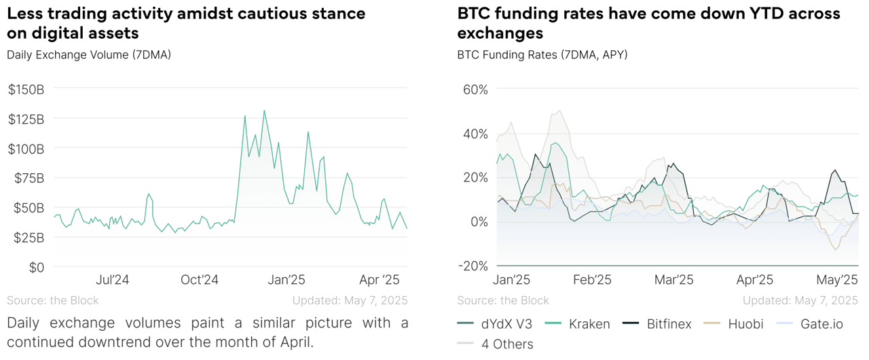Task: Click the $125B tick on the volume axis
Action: pos(26,119)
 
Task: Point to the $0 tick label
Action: pos(35,267)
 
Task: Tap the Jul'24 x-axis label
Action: pos(113,280)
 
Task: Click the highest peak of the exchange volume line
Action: pos(264,110)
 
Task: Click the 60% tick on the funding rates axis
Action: pos(475,89)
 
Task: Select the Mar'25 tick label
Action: pos(673,280)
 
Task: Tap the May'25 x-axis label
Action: pos(837,280)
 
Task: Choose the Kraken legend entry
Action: pos(589,324)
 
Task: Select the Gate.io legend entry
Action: pos(820,324)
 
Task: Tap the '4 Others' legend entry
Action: pos(507,344)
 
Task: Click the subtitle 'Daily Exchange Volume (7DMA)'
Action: pos(89,54)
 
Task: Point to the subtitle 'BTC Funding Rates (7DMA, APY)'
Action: pos(542,54)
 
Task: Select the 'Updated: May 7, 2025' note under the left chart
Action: pos(350,300)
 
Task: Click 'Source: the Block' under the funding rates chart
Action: pos(503,300)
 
